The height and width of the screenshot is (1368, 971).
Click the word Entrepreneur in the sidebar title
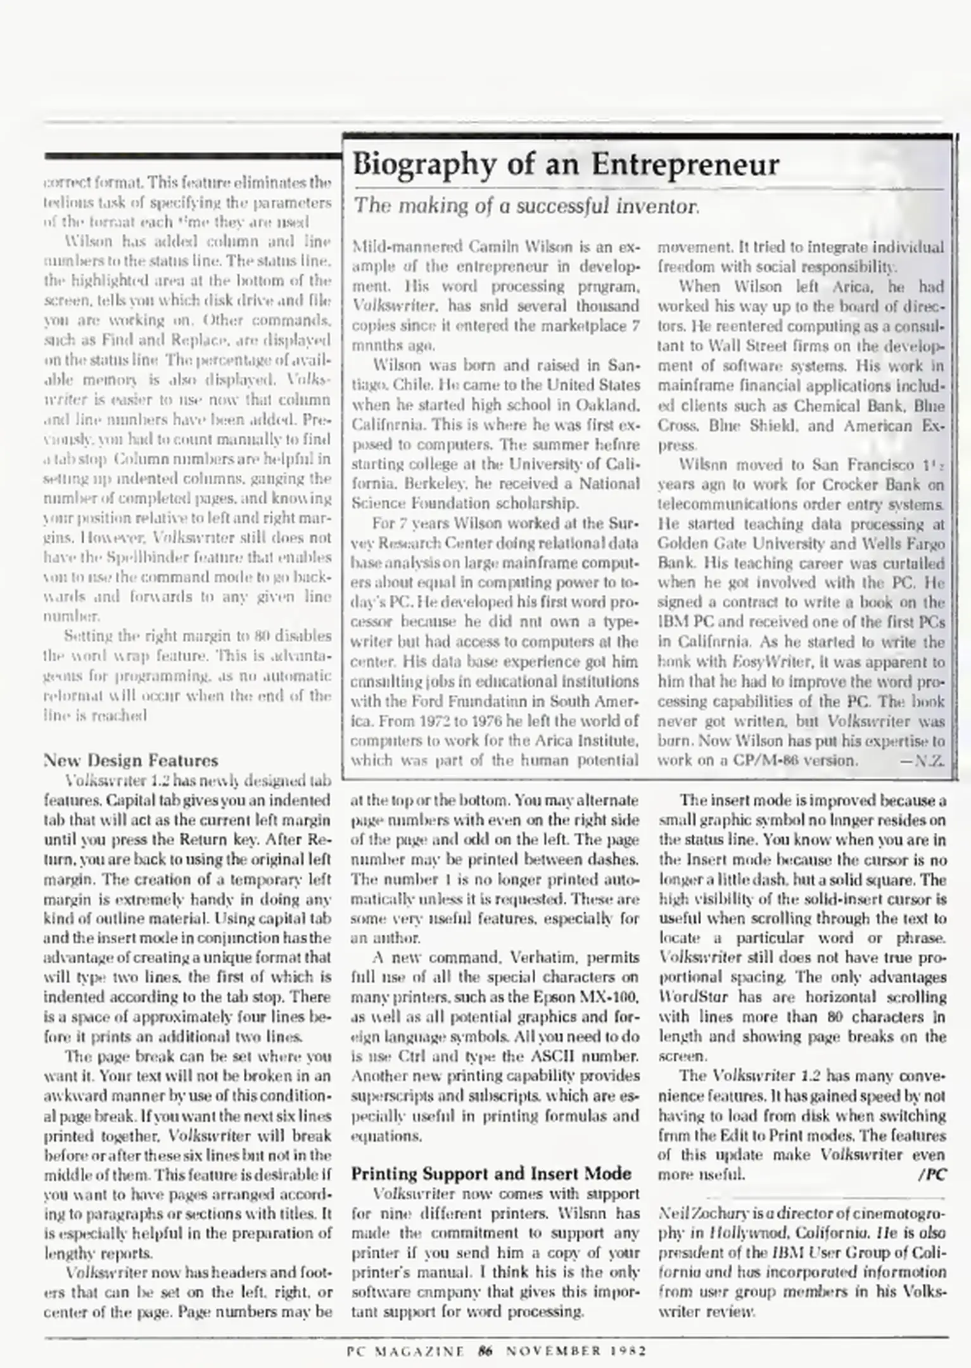[685, 165]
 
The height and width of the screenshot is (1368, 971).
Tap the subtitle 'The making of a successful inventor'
[526, 206]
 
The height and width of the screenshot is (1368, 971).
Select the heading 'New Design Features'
[130, 761]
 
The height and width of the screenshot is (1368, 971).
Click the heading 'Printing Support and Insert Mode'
[491, 1174]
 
